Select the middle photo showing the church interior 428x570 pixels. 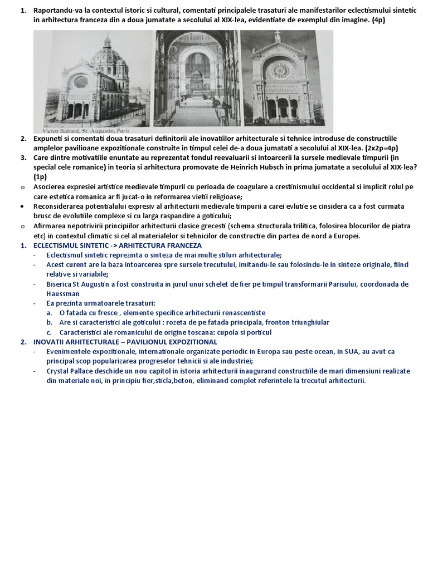[x=197, y=78]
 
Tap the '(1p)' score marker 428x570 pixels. [x=41, y=176]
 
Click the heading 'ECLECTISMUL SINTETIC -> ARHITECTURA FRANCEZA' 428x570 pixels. [x=118, y=245]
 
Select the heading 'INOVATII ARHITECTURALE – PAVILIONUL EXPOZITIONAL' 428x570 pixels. [x=125, y=342]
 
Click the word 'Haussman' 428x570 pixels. [x=63, y=293]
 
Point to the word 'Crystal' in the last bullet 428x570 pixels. [x=59, y=371]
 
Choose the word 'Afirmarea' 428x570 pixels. [x=51, y=225]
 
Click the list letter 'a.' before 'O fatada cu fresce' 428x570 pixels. [x=50, y=313]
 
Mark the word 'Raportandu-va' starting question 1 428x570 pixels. [x=59, y=11]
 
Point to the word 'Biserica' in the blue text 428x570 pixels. [x=61, y=284]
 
